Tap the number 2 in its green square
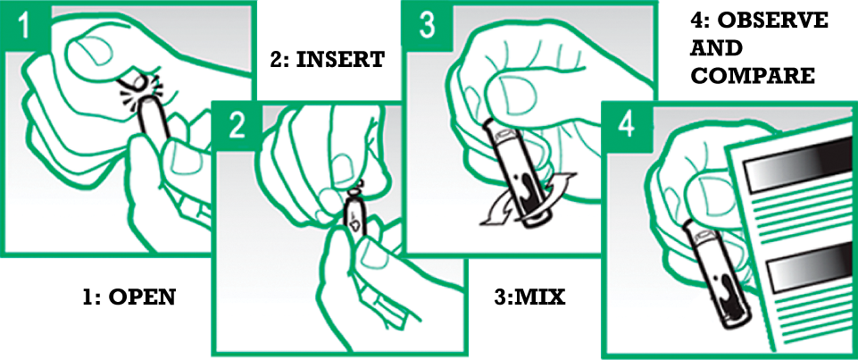[236, 126]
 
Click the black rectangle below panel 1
[129, 297]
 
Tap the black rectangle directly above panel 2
[328, 61]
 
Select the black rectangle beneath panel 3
[529, 297]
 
